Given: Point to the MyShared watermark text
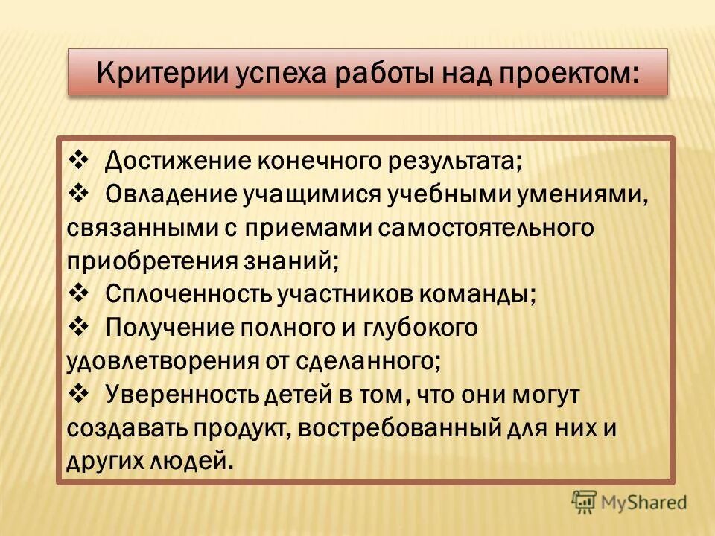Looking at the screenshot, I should click(x=645, y=502).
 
